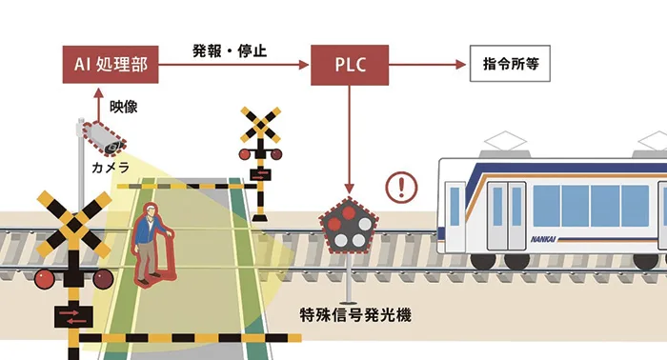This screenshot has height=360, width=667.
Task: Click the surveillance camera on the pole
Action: (x=103, y=138)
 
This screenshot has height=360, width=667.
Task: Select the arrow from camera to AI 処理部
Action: (x=97, y=102)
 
